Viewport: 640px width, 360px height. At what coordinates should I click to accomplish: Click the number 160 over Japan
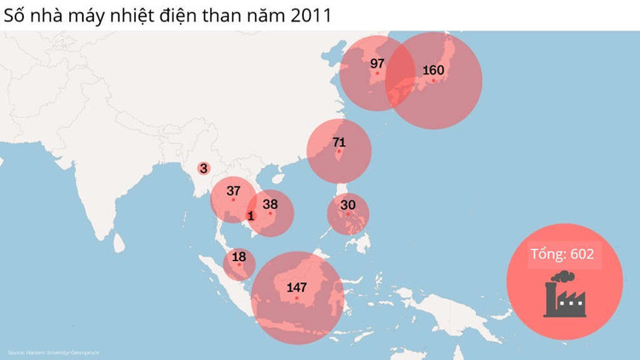(x=433, y=70)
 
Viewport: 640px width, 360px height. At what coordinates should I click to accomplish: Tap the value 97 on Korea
(x=377, y=63)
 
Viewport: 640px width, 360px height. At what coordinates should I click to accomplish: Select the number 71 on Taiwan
(x=339, y=142)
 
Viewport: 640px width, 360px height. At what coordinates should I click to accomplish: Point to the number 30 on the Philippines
(x=348, y=205)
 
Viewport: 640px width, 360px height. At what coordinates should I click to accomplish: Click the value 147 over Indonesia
(x=296, y=287)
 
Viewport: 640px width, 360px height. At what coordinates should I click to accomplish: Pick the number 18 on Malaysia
(x=239, y=257)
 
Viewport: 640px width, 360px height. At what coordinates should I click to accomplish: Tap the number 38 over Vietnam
(x=271, y=204)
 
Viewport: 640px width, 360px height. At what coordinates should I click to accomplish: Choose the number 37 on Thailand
(x=233, y=191)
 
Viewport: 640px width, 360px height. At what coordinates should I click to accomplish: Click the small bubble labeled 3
(x=204, y=169)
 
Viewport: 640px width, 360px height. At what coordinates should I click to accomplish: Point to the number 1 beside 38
(x=251, y=216)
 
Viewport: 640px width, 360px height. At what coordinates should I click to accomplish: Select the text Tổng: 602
(x=561, y=253)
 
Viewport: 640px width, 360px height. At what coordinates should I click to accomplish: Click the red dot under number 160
(x=433, y=80)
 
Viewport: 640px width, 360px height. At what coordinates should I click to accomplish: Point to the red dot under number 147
(x=296, y=298)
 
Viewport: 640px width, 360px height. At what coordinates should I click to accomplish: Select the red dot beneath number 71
(x=339, y=152)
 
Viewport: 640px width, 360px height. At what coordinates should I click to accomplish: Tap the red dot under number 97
(x=377, y=73)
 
